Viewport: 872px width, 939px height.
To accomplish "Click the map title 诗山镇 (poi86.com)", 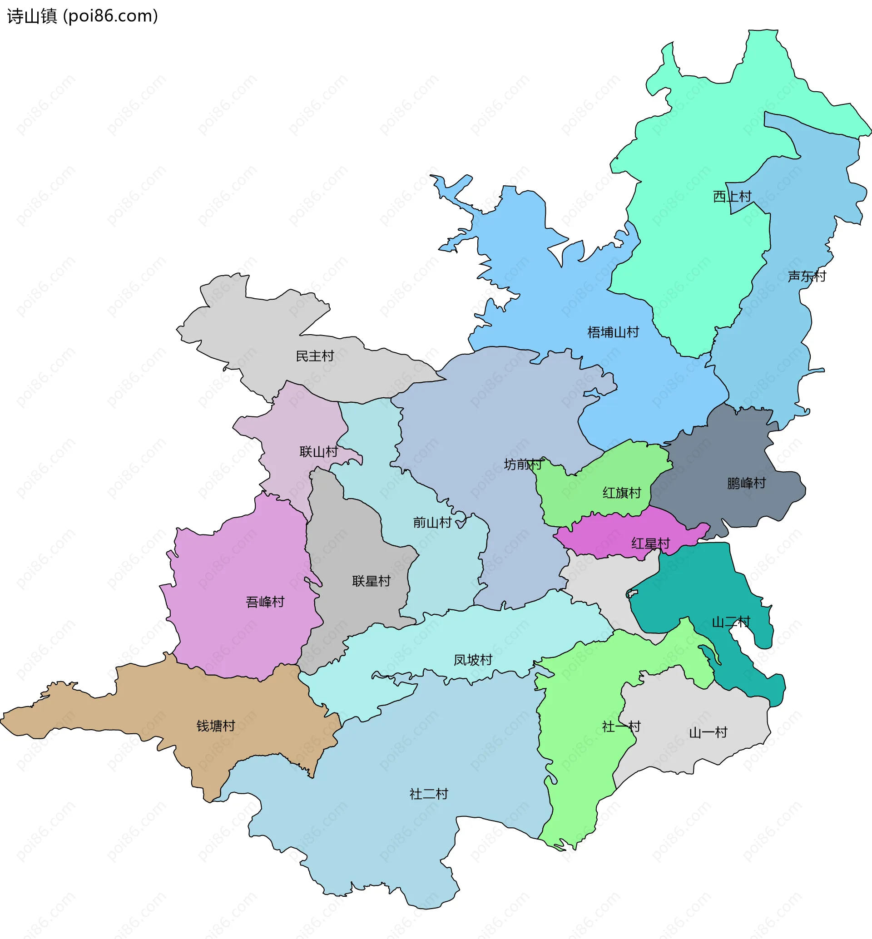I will pyautogui.click(x=83, y=16).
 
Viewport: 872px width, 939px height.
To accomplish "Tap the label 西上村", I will pyautogui.click(x=732, y=196).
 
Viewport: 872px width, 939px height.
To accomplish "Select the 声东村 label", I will pyautogui.click(x=807, y=276).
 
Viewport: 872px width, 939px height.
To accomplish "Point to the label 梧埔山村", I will pyautogui.click(x=613, y=332).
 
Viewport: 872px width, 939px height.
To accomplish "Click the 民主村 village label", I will pyautogui.click(x=315, y=356).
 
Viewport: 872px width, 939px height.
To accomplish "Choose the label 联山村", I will pyautogui.click(x=318, y=452).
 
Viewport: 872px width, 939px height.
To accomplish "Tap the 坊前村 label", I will pyautogui.click(x=523, y=465).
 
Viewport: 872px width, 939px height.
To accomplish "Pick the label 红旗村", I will pyautogui.click(x=621, y=493).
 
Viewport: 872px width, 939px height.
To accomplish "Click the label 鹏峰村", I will pyautogui.click(x=746, y=483).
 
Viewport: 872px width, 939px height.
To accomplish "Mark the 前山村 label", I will pyautogui.click(x=432, y=522).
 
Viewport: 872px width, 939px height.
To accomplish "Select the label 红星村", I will pyautogui.click(x=650, y=543).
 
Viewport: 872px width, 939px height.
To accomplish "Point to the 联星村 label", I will pyautogui.click(x=372, y=581).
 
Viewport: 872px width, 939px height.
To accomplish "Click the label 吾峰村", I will pyautogui.click(x=265, y=602).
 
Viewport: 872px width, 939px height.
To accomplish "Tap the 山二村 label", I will pyautogui.click(x=731, y=622).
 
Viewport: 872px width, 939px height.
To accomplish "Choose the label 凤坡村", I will pyautogui.click(x=473, y=660).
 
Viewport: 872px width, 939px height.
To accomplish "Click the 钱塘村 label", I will pyautogui.click(x=216, y=726).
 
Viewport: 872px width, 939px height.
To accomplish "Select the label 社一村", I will pyautogui.click(x=621, y=726).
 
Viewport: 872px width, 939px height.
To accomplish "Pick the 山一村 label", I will pyautogui.click(x=708, y=732).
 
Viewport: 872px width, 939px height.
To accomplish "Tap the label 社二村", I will pyautogui.click(x=428, y=794).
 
